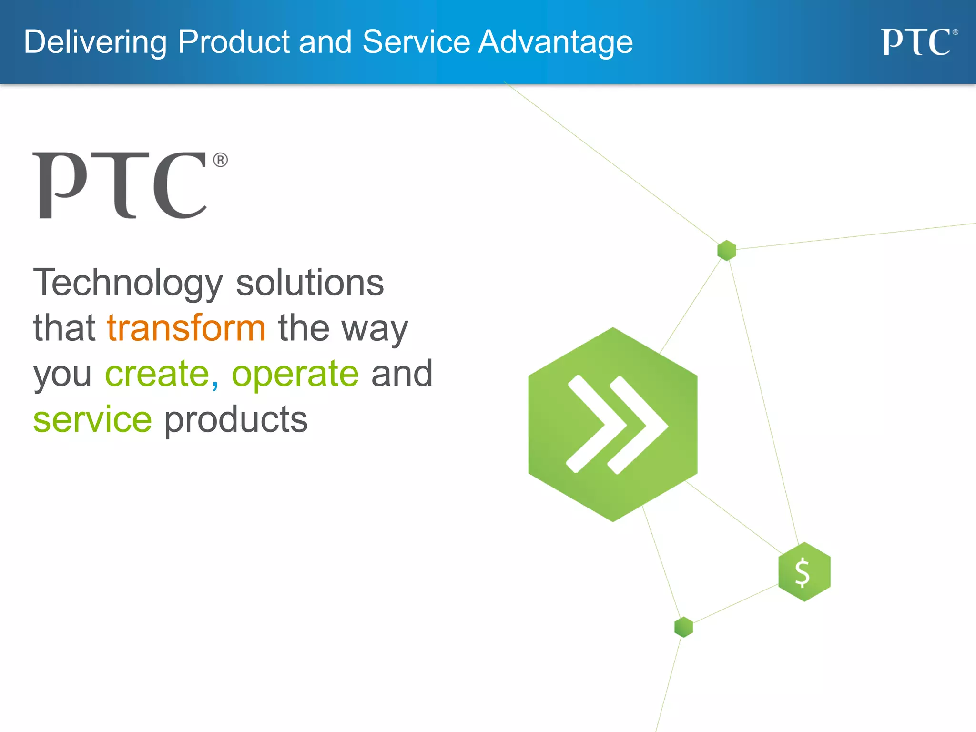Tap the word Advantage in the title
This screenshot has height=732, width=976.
[x=555, y=42]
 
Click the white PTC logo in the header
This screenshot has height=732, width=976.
[x=917, y=42]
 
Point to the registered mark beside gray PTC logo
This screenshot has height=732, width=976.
[x=220, y=160]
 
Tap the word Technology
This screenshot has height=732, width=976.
[x=128, y=283]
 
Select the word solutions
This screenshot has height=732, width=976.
[x=310, y=283]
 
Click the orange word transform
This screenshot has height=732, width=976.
[x=186, y=328]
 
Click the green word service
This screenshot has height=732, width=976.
[x=92, y=419]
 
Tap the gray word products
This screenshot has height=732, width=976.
[x=236, y=420]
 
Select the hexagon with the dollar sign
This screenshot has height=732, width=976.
[x=804, y=572]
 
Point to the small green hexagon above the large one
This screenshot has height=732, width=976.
[x=726, y=250]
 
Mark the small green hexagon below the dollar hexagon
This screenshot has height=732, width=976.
[x=683, y=627]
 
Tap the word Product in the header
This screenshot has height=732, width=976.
[x=234, y=42]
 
